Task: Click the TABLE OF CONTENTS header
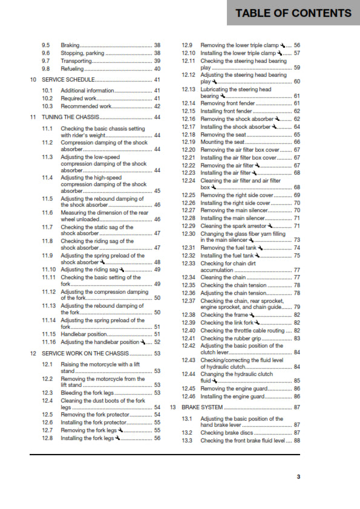click(293, 13)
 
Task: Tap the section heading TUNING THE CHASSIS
click(71, 117)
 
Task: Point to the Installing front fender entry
click(227, 111)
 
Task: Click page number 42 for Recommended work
click(157, 106)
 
